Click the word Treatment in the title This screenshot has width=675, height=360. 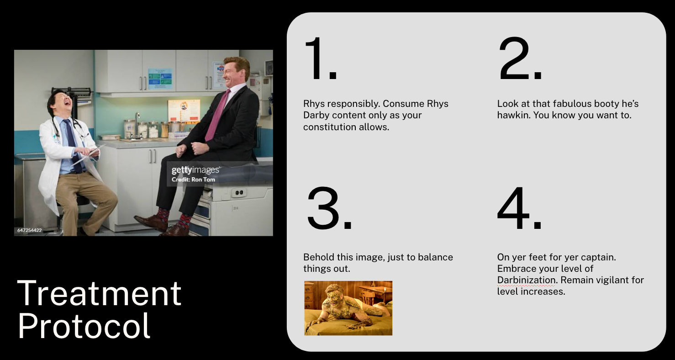(x=99, y=293)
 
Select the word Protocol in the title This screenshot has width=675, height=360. (x=84, y=326)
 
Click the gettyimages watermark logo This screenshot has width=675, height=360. (x=195, y=170)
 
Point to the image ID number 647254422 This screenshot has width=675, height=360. (x=30, y=230)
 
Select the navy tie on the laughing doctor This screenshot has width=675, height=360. (x=73, y=145)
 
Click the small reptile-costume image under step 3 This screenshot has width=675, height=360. (x=348, y=308)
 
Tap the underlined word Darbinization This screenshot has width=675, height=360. (x=526, y=280)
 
